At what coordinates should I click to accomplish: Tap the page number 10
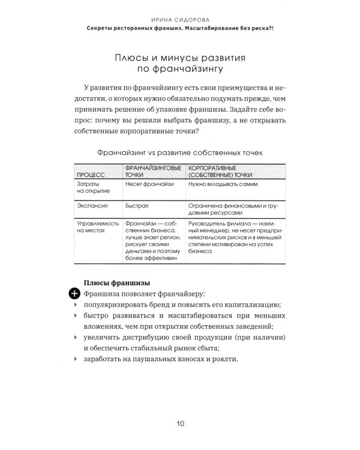[x=181, y=424]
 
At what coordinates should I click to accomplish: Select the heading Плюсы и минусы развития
[x=181, y=58]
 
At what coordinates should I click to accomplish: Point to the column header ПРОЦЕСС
[x=90, y=175]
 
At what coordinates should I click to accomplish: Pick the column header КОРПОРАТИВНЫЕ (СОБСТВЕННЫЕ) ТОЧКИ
[x=220, y=171]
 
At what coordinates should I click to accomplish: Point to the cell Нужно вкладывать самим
[x=218, y=185]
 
